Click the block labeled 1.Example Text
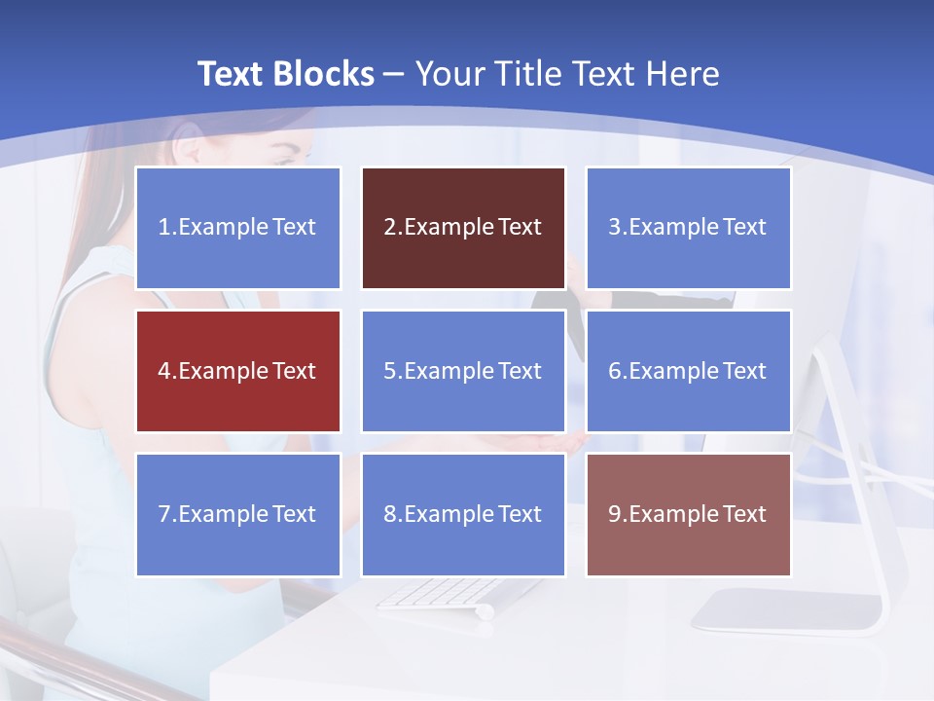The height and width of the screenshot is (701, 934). pos(238,228)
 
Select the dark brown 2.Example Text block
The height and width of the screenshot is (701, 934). pos(463,228)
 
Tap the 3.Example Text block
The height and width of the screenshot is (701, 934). pos(688,228)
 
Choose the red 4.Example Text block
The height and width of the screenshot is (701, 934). pos(238,371)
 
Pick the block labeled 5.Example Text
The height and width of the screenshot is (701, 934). pos(463,371)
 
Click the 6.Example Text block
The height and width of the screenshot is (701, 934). pos(688,371)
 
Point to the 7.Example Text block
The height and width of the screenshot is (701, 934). pos(238,514)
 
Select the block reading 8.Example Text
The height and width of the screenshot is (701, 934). pos(463,514)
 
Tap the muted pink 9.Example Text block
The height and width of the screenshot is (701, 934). pos(688,514)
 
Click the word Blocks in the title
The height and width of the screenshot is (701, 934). pos(323,74)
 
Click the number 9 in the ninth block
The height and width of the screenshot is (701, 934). pos(615,514)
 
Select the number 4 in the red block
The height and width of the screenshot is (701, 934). pos(164,371)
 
